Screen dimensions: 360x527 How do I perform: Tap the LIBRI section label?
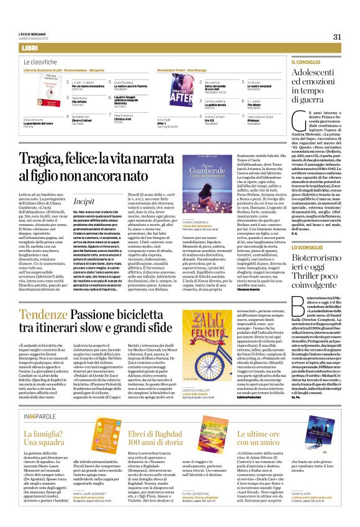pos(29,48)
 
